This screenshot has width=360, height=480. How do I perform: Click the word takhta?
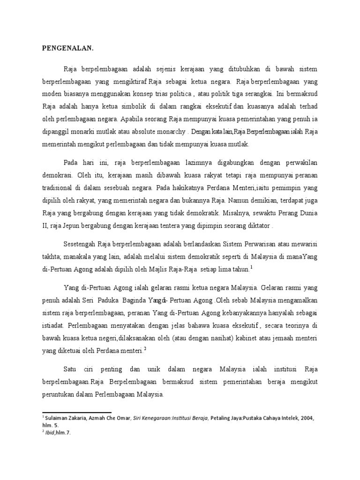point(53,257)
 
